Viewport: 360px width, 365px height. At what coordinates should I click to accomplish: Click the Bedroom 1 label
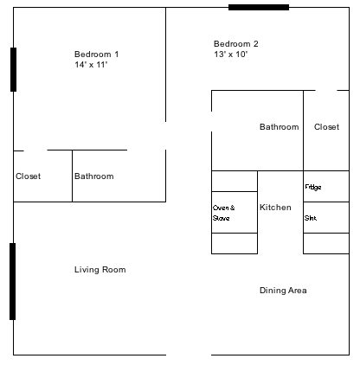pos(96,54)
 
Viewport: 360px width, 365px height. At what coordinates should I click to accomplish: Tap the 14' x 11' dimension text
pos(91,65)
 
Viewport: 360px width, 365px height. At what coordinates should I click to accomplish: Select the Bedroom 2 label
pos(236,44)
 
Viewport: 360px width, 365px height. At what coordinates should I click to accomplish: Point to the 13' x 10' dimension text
pos(231,54)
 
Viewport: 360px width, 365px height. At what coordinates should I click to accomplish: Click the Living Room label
pos(100,270)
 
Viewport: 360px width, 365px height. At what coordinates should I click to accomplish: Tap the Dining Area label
pos(283,291)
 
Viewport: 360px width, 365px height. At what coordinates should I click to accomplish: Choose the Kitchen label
pos(275,208)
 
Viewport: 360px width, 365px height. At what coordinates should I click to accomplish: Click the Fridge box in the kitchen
pos(326,186)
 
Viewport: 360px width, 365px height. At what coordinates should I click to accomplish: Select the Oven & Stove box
pos(235,212)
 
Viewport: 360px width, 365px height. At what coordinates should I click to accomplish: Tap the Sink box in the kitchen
pos(326,217)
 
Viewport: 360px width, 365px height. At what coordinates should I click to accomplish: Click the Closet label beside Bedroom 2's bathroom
pos(326,127)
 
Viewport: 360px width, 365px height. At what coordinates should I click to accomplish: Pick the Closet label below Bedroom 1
pos(28,176)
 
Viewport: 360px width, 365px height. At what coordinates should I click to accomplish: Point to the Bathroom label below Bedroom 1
pos(94,176)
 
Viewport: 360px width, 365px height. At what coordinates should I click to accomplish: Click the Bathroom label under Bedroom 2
pos(280,127)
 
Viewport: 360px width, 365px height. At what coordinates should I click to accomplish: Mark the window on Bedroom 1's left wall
pos(13,69)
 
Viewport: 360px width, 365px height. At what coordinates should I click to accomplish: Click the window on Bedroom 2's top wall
pos(259,8)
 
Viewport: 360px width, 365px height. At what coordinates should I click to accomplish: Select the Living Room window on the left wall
pos(13,281)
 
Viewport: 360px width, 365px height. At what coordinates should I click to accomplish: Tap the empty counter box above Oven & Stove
pos(235,181)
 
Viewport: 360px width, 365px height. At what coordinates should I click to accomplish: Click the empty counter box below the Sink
pos(326,243)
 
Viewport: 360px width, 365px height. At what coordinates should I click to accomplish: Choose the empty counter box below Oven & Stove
pos(235,243)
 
